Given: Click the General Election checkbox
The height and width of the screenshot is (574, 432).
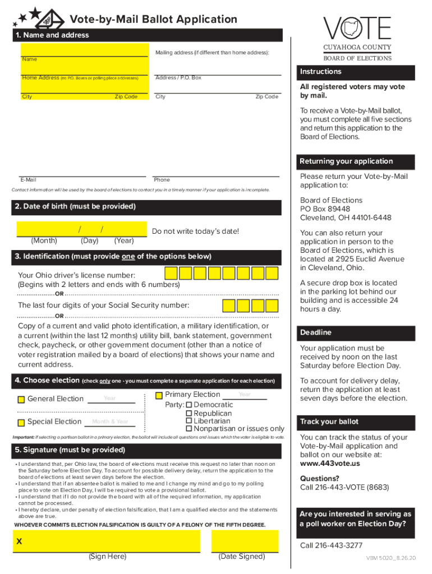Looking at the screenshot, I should [x=21, y=400].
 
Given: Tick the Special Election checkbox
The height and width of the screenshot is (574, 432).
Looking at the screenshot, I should [x=21, y=422].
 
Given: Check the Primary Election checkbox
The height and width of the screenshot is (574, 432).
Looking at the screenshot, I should [x=159, y=395].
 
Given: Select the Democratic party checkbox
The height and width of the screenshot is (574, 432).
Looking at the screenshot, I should [x=189, y=405].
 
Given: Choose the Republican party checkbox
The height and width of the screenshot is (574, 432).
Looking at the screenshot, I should [x=189, y=413].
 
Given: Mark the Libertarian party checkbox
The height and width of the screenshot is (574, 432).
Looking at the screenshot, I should [x=189, y=421].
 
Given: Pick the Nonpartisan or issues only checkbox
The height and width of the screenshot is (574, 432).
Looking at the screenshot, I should [x=189, y=429].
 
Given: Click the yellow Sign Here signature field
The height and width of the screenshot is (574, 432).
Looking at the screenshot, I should [x=107, y=541].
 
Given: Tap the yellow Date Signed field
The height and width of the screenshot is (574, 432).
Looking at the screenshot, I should [x=245, y=541].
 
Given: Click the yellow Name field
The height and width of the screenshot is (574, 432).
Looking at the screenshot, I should [x=84, y=49].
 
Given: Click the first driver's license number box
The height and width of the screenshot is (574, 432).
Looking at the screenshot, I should [x=171, y=273].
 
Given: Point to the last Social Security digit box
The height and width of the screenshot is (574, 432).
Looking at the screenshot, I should [x=272, y=305].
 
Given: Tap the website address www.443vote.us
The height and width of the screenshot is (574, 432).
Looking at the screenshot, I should [x=330, y=464].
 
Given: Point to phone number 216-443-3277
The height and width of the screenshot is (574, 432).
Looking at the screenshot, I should [x=331, y=545].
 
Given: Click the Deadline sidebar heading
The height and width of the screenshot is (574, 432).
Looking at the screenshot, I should [x=316, y=332].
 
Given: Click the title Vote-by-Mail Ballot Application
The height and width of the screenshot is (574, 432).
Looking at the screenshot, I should [x=153, y=20].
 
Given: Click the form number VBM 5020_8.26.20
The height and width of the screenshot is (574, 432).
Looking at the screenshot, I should [x=390, y=559].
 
